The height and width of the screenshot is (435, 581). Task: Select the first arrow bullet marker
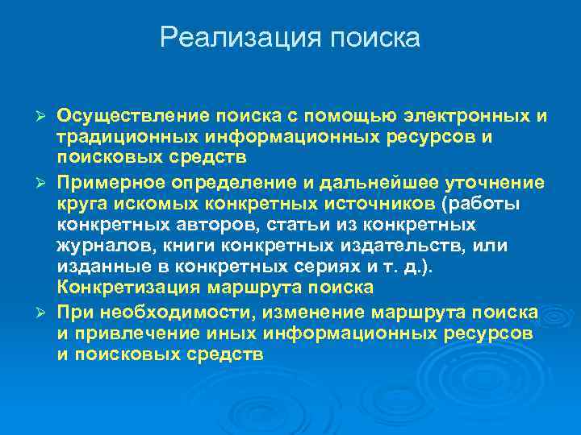pos(45,117)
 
